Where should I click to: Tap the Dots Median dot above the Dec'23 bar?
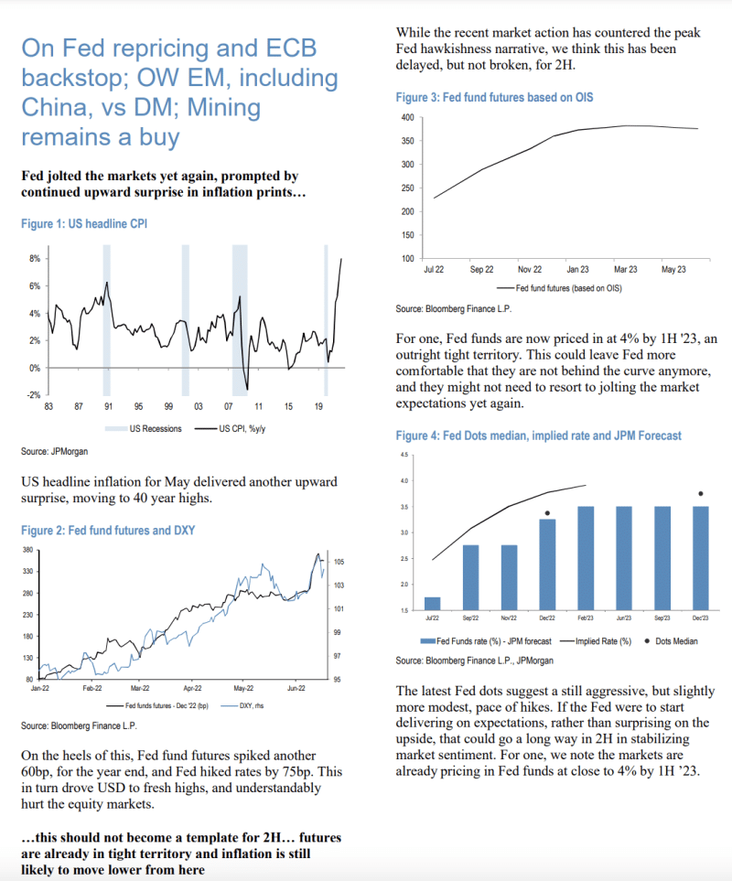tap(701, 494)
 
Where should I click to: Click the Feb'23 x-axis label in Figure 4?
tap(586, 618)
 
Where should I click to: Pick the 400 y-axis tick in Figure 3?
tap(409, 118)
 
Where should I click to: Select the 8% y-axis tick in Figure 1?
tap(34, 259)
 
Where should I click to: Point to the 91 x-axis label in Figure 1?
tap(107, 405)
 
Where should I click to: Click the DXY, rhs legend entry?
tap(242, 707)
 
